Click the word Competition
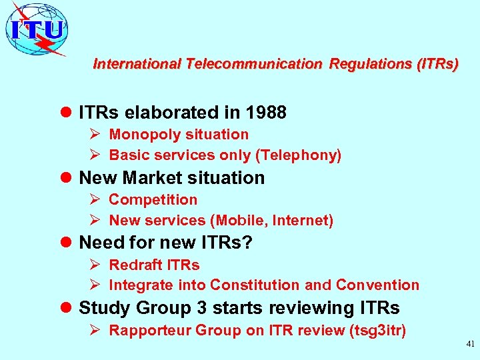pos(153,199)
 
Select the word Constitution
pos(255,285)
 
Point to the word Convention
pos(377,285)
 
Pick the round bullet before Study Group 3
pos(65,309)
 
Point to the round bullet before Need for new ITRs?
pos(65,243)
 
